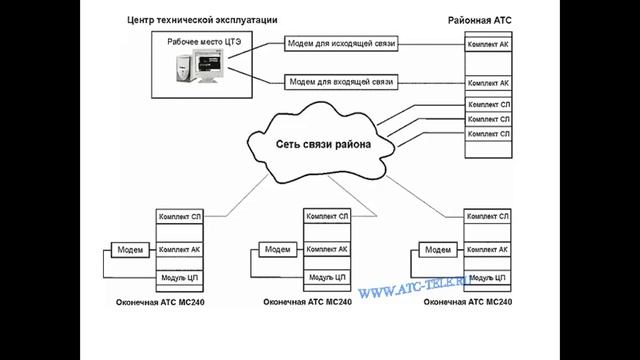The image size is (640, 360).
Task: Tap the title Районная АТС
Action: (478, 20)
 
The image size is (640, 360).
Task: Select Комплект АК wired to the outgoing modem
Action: (489, 45)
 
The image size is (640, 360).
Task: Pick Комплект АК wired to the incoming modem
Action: (489, 83)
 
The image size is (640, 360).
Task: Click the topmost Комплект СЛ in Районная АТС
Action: (489, 104)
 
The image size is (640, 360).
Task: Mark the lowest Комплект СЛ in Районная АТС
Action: (489, 133)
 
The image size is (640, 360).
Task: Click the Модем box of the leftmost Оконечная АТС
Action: (129, 249)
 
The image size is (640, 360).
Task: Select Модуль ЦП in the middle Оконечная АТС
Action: (327, 276)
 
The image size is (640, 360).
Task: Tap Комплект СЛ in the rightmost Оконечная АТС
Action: (488, 215)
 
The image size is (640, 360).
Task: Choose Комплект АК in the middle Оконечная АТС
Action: (327, 249)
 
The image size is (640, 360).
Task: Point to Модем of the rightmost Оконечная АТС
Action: (437, 249)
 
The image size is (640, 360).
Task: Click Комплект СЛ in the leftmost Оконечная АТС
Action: (181, 215)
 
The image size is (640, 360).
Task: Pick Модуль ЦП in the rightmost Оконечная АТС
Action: (488, 276)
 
